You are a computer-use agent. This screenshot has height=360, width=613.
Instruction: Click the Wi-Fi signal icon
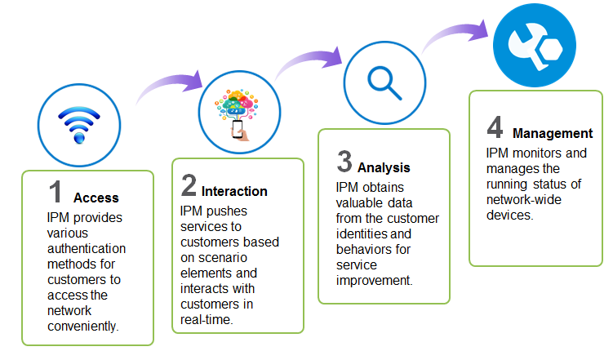click(79, 125)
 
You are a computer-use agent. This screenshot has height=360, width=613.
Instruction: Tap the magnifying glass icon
click(384, 83)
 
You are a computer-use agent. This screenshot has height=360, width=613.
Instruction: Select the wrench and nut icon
click(535, 47)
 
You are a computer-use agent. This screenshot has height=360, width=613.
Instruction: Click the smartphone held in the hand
click(238, 128)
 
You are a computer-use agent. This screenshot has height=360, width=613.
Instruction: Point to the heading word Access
click(96, 198)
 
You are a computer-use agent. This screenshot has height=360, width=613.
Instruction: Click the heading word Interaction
click(234, 191)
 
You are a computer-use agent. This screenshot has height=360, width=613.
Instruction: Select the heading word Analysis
click(384, 167)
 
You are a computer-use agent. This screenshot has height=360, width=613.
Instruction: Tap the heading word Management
click(553, 133)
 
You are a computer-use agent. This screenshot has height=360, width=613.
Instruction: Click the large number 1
click(56, 192)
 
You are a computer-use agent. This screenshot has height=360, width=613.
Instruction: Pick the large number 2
click(189, 185)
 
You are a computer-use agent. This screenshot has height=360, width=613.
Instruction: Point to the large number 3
click(344, 161)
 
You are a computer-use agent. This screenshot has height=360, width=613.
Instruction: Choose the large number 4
click(495, 127)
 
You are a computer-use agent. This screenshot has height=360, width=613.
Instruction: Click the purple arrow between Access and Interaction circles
click(168, 83)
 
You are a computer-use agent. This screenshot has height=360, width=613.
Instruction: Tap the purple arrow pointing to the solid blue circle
click(455, 30)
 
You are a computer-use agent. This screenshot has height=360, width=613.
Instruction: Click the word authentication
click(87, 249)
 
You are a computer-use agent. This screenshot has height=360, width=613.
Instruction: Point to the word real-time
click(207, 320)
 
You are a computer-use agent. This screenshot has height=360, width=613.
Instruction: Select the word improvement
click(374, 281)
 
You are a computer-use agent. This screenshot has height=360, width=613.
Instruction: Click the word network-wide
click(524, 200)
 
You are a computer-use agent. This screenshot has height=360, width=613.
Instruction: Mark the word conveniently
click(83, 326)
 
